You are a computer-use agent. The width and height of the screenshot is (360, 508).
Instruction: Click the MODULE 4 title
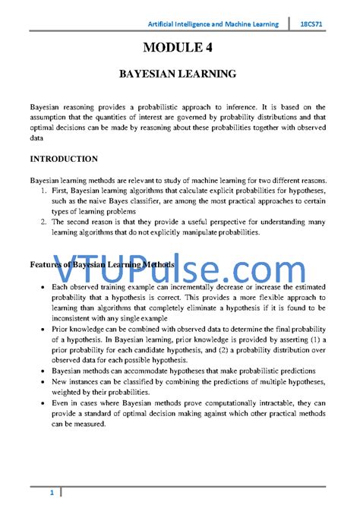pyautogui.click(x=179, y=49)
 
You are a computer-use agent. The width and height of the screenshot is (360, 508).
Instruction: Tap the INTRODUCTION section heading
pyautogui.click(x=63, y=159)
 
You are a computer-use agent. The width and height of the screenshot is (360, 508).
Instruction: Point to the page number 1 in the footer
pyautogui.click(x=52, y=494)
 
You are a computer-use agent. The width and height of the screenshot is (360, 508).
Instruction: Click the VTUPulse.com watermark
pyautogui.click(x=179, y=268)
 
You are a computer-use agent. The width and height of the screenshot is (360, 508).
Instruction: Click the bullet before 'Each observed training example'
pyautogui.click(x=39, y=289)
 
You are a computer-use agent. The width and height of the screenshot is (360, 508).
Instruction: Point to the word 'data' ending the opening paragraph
pyautogui.click(x=37, y=139)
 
